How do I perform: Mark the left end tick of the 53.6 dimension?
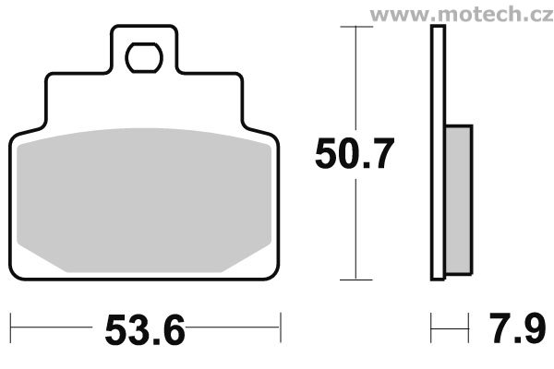click(10, 325)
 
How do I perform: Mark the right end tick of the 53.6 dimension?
click(280, 325)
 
